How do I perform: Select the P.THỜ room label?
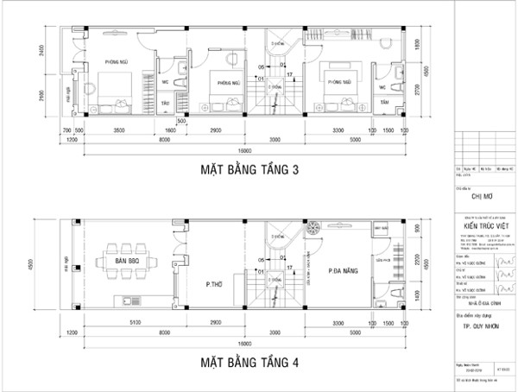(x=214, y=282)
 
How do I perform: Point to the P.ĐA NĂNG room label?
(x=344, y=269)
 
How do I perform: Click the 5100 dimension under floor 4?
(x=129, y=322)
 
